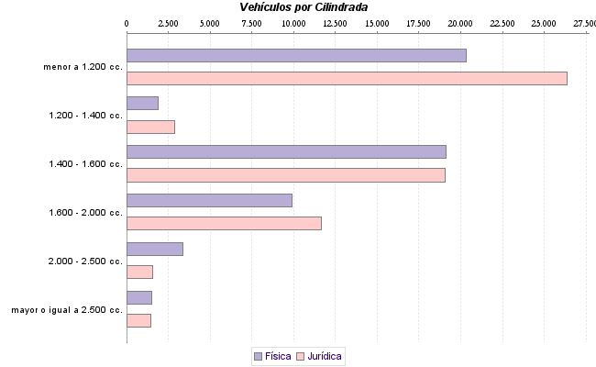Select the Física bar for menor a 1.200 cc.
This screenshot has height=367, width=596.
pyautogui.click(x=296, y=55)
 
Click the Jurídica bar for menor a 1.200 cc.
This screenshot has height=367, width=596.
pyautogui.click(x=347, y=78)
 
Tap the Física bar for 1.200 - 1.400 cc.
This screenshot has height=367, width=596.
pyautogui.click(x=142, y=104)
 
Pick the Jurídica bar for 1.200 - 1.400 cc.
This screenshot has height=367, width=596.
pyautogui.click(x=150, y=127)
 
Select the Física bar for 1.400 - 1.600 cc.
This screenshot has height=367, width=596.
pyautogui.click(x=286, y=151)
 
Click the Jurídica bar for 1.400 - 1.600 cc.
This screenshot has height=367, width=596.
pyautogui.click(x=285, y=175)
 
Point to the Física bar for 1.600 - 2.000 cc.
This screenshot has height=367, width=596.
pyautogui.click(x=209, y=200)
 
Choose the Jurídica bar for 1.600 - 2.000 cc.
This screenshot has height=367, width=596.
pyautogui.click(x=224, y=223)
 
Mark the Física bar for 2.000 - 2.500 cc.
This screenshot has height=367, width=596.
pyautogui.click(x=155, y=249)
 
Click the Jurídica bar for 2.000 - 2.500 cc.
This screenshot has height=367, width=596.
pyautogui.click(x=139, y=272)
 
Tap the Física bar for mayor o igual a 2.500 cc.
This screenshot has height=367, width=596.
pyautogui.click(x=138, y=297)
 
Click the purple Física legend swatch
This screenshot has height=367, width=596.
pyautogui.click(x=258, y=355)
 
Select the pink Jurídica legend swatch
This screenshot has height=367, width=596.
pyautogui.click(x=301, y=355)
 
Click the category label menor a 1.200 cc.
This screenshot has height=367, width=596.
pyautogui.click(x=83, y=67)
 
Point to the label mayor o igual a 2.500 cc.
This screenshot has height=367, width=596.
pyautogui.click(x=67, y=310)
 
